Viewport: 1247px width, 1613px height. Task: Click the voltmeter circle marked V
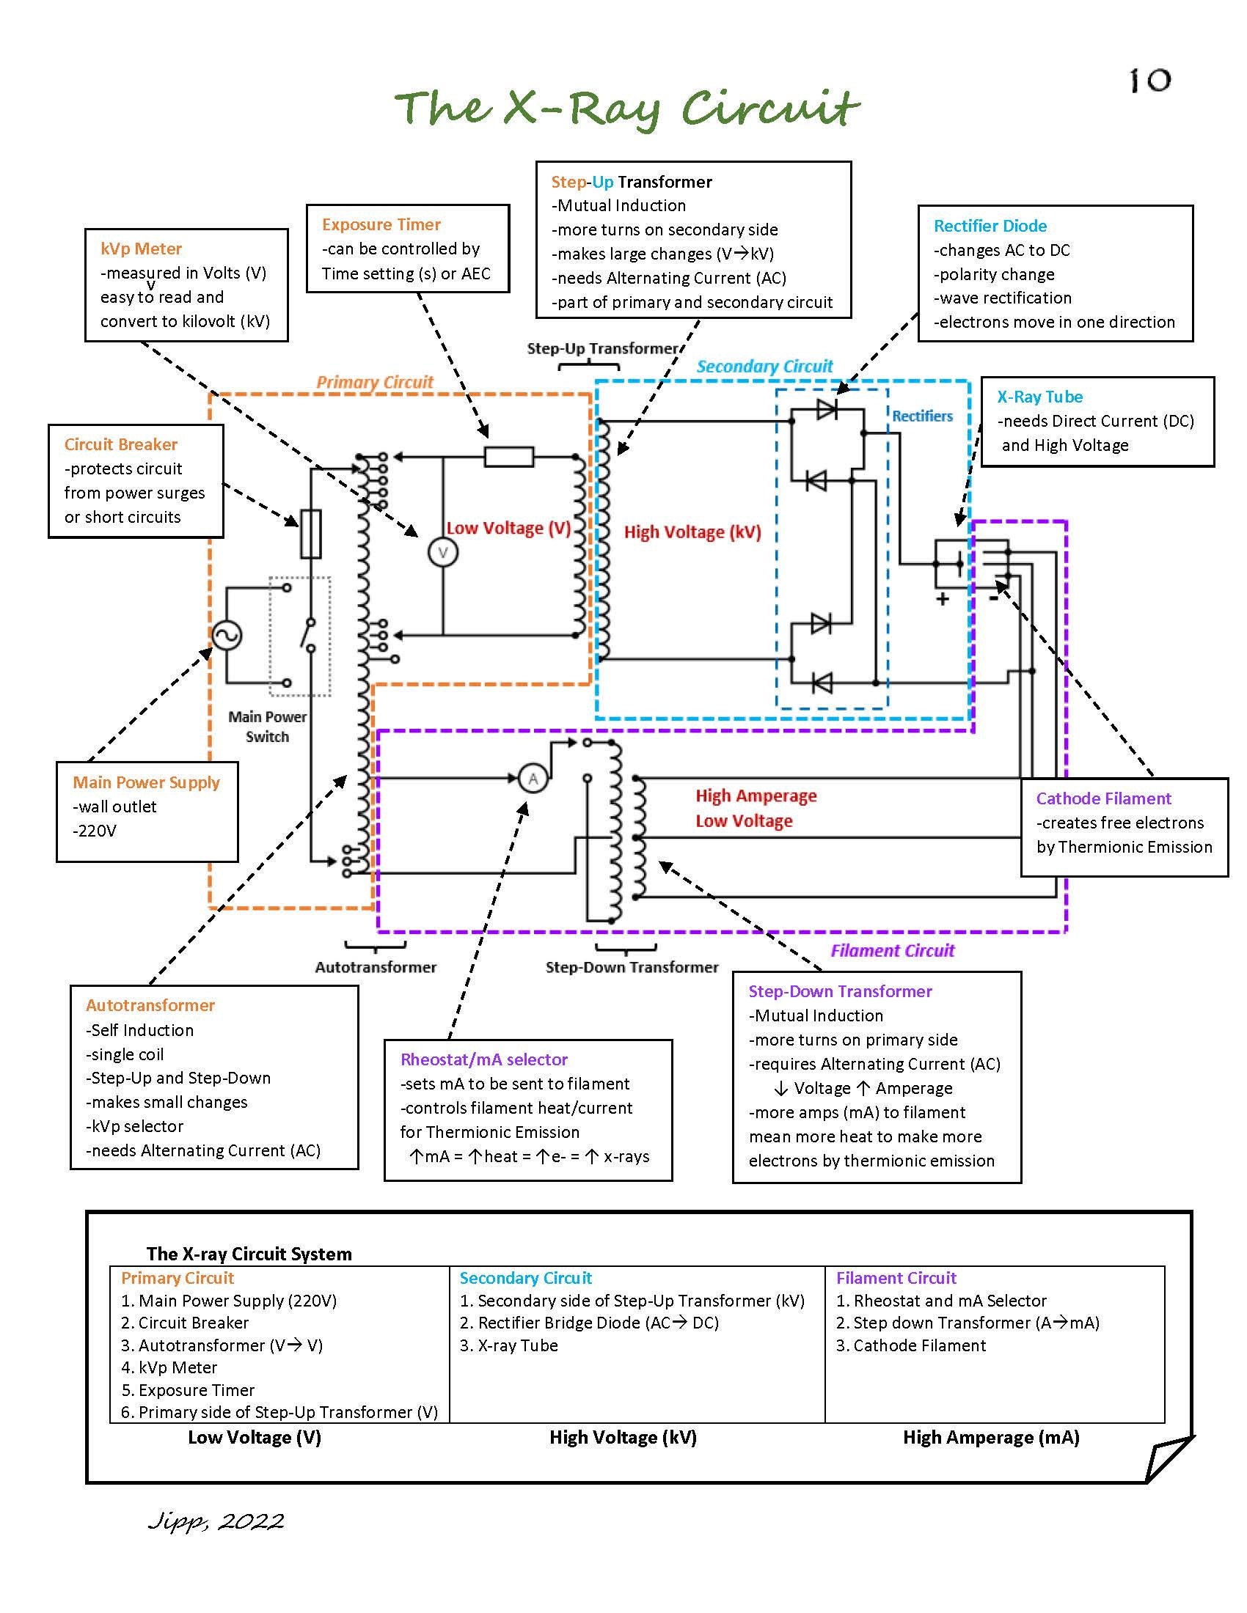tap(442, 552)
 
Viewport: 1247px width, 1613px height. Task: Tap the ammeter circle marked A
tap(533, 779)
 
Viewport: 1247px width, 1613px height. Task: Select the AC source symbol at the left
tap(227, 635)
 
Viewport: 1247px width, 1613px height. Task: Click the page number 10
tap(1150, 80)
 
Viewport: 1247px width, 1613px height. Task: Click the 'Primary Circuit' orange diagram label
tap(375, 382)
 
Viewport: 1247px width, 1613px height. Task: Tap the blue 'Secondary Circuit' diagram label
tap(764, 367)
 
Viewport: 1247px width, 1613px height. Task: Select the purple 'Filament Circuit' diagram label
tap(893, 950)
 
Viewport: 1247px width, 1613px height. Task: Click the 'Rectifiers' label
tap(922, 416)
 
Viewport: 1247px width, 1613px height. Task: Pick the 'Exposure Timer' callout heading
tap(381, 224)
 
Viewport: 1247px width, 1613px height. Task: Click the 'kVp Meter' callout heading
tap(141, 249)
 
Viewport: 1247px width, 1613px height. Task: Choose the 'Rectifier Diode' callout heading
tap(990, 226)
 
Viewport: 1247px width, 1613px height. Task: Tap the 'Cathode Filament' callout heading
tap(1104, 798)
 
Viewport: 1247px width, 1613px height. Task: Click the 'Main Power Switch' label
tap(268, 727)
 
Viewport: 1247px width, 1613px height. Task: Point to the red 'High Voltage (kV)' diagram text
tap(692, 532)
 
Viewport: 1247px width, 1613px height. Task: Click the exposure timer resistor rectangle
tap(509, 458)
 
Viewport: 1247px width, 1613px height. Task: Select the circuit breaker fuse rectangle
tap(310, 533)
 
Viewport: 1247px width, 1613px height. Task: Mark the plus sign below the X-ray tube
tap(943, 599)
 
